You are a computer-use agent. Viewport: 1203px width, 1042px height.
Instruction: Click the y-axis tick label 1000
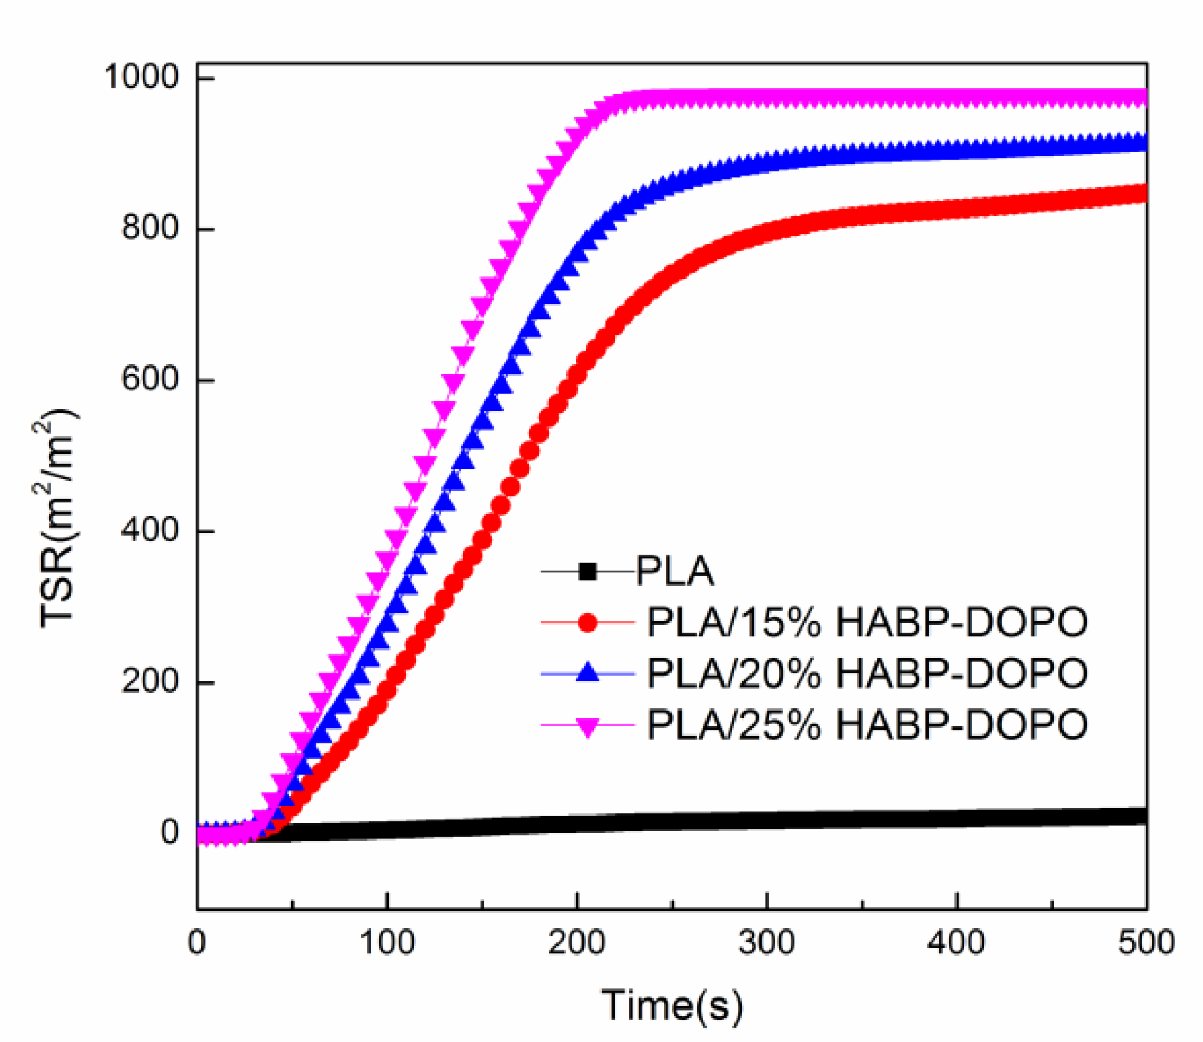(x=141, y=77)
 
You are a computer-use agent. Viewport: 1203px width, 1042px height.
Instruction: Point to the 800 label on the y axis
(x=149, y=228)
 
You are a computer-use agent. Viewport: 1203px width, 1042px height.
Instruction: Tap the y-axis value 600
(x=149, y=379)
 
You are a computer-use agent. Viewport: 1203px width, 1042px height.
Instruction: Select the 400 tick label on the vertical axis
(x=149, y=531)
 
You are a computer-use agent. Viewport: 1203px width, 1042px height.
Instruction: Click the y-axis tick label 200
(x=149, y=681)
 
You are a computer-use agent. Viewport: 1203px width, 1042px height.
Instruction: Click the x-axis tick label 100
(x=386, y=943)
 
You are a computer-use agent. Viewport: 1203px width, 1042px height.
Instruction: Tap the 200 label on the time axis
(x=576, y=943)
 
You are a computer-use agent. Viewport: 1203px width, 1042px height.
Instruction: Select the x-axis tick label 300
(x=767, y=943)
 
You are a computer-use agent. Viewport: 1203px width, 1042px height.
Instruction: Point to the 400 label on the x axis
(x=957, y=943)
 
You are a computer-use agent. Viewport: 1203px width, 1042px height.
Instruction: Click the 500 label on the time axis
(x=1145, y=943)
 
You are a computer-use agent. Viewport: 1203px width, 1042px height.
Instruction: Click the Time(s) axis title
(x=672, y=1005)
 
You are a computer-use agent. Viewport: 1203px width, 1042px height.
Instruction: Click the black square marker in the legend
(x=587, y=571)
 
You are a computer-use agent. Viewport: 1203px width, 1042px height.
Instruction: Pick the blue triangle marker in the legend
(x=587, y=673)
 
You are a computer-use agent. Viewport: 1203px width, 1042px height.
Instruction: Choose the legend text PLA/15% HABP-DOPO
(x=867, y=623)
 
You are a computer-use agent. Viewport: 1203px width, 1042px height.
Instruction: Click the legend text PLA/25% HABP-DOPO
(x=867, y=725)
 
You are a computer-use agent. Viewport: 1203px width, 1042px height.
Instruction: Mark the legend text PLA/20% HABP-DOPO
(x=867, y=673)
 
